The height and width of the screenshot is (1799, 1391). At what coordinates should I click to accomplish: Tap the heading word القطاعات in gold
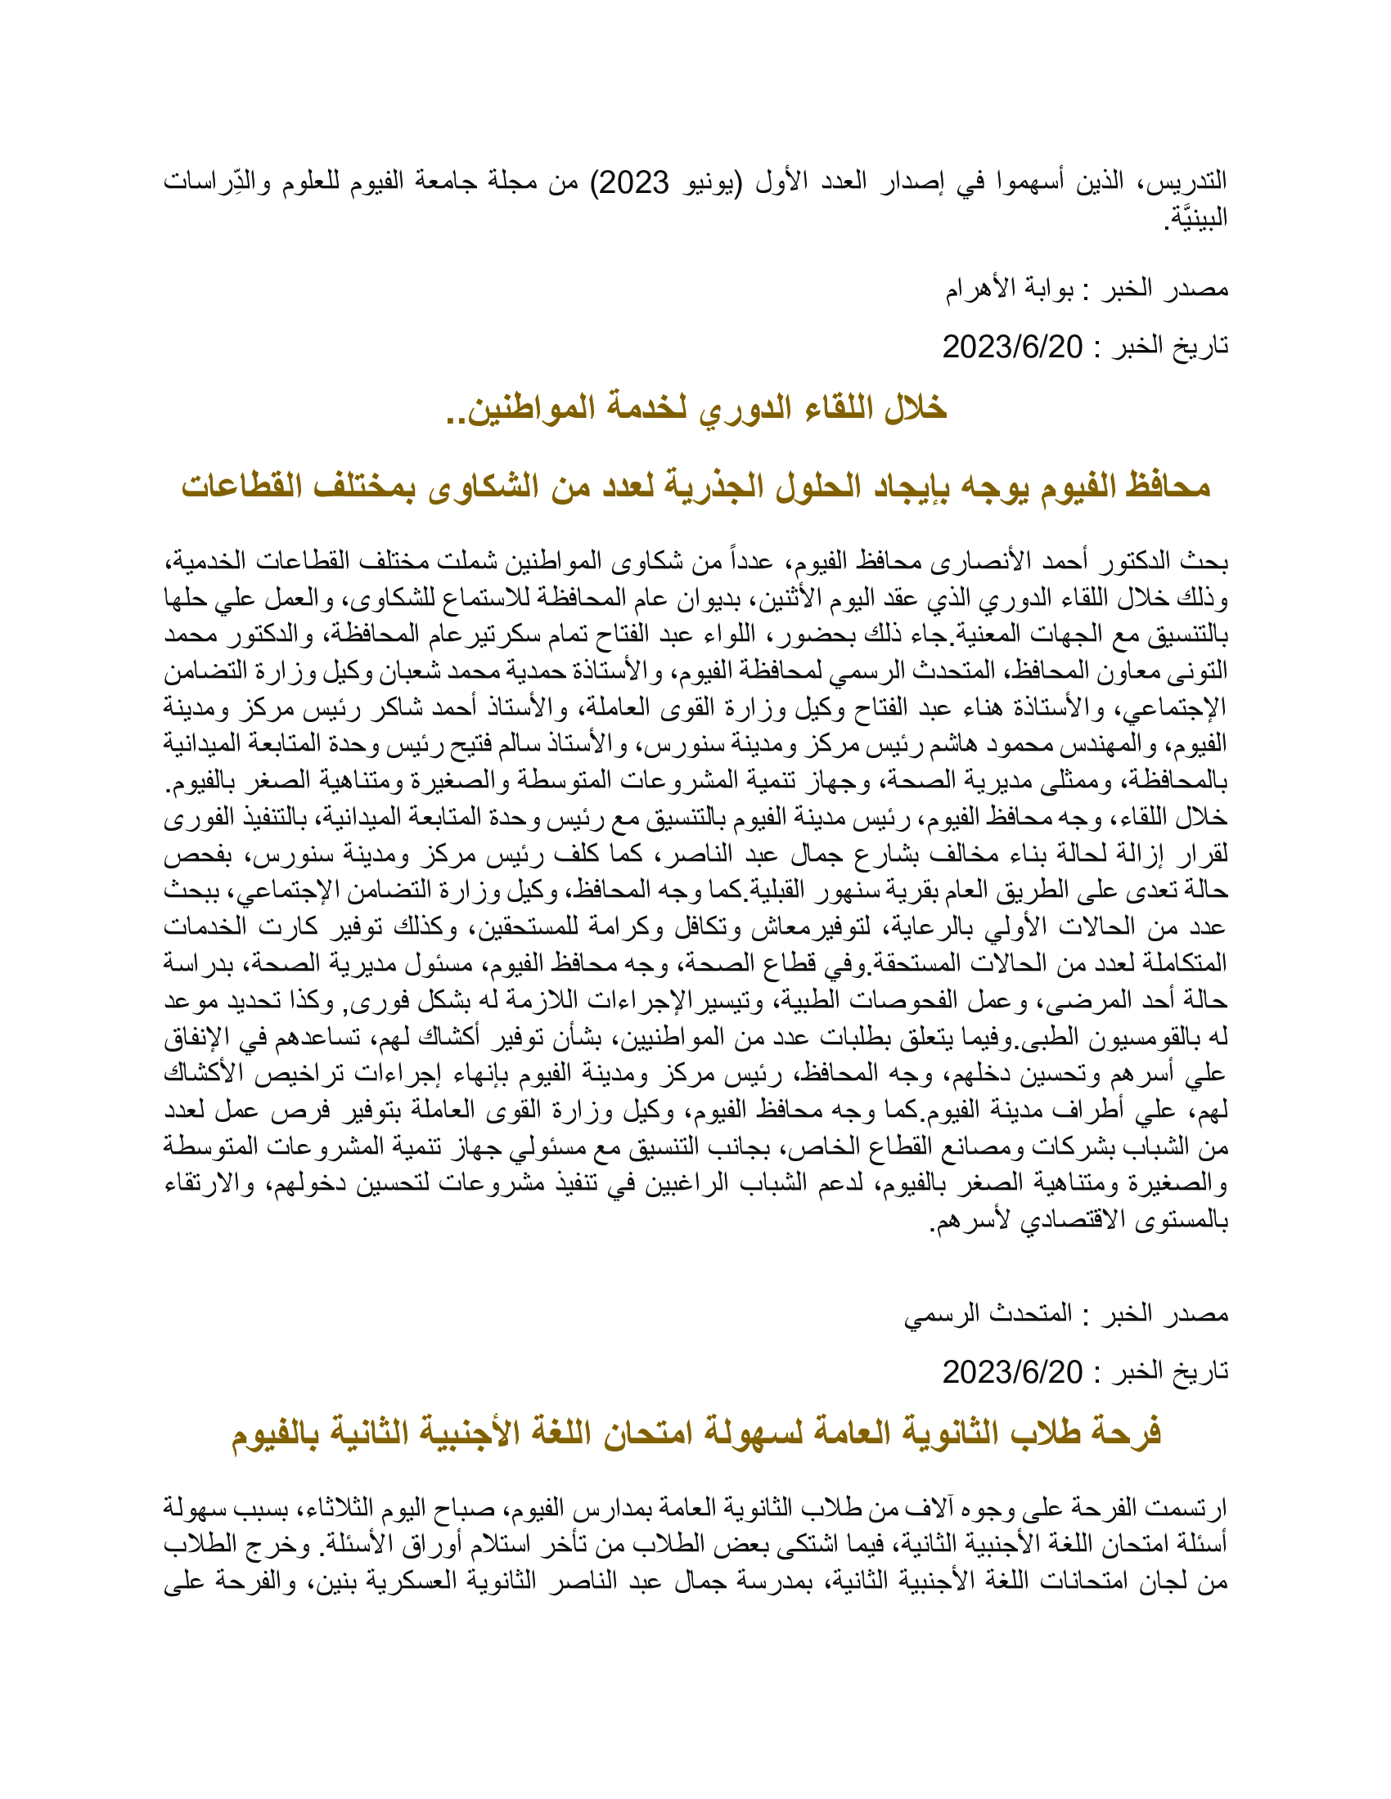click(241, 487)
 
